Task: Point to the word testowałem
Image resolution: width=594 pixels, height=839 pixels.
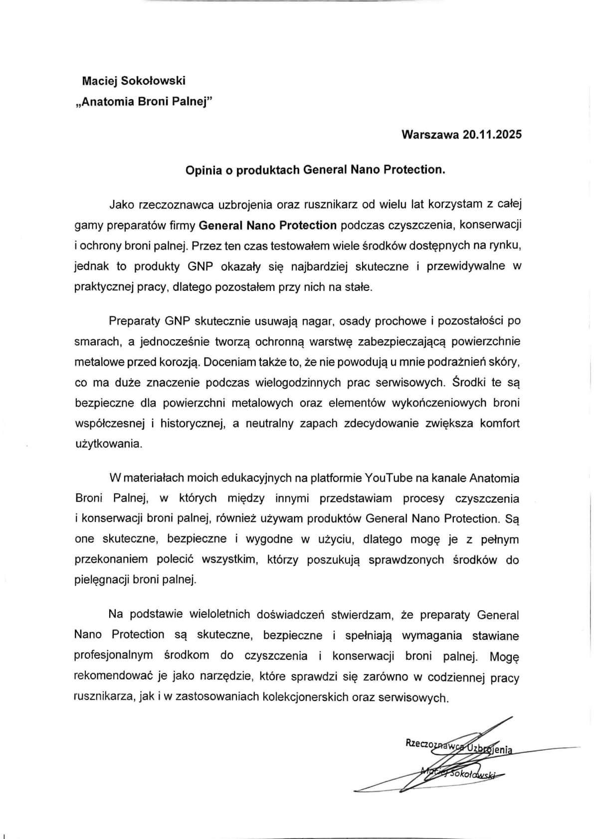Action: coord(271,246)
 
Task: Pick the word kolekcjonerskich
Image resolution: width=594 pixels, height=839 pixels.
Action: coord(298,698)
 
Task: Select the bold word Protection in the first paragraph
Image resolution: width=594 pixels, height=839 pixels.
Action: coord(308,225)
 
